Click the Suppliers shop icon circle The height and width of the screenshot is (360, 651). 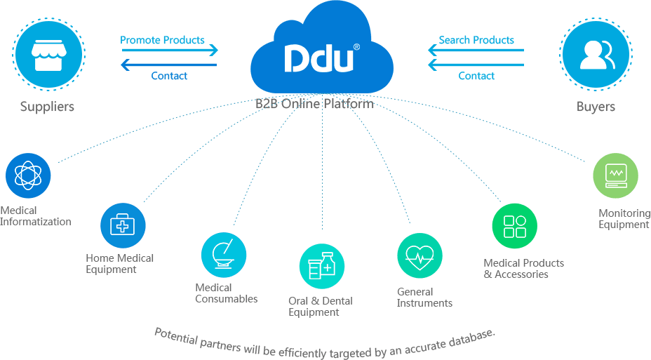tap(48, 54)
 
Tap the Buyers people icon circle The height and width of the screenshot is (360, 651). tap(596, 54)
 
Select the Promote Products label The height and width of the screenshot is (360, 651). tap(162, 40)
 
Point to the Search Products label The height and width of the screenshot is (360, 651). tap(476, 40)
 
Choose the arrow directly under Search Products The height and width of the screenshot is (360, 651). tap(476, 51)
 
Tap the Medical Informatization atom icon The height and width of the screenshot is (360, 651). tap(28, 176)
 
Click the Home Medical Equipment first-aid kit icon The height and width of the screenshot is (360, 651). tap(123, 225)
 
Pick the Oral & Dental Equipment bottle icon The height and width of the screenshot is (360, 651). tap(322, 266)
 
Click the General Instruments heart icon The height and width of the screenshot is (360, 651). tap(420, 256)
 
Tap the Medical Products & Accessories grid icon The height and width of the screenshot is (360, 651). tap(514, 226)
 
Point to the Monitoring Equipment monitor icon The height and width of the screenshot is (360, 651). tap(615, 175)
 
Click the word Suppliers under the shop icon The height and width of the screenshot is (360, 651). tap(47, 107)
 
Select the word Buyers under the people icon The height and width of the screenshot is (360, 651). tap(596, 107)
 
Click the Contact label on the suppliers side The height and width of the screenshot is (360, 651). tap(169, 76)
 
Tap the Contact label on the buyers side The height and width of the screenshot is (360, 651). tap(476, 76)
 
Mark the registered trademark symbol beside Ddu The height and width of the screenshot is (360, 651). tap(356, 47)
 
